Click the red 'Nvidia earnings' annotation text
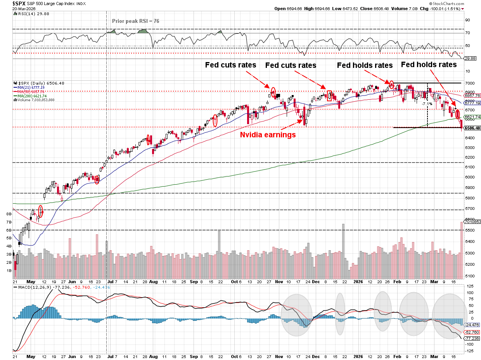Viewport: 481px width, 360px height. pos(268,135)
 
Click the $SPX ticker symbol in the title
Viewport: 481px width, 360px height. pos(20,3)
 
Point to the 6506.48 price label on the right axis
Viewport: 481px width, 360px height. pos(472,128)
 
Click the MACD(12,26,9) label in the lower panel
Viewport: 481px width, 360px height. pos(31,287)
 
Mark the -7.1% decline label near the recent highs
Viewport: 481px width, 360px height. pos(427,104)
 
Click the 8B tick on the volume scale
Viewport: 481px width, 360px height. pos(9,214)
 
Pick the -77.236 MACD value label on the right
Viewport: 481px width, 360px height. pos(472,338)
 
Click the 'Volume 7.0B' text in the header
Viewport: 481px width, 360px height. pos(407,9)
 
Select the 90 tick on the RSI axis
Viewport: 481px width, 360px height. pos(468,20)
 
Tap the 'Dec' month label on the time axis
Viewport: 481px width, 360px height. pos(315,282)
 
